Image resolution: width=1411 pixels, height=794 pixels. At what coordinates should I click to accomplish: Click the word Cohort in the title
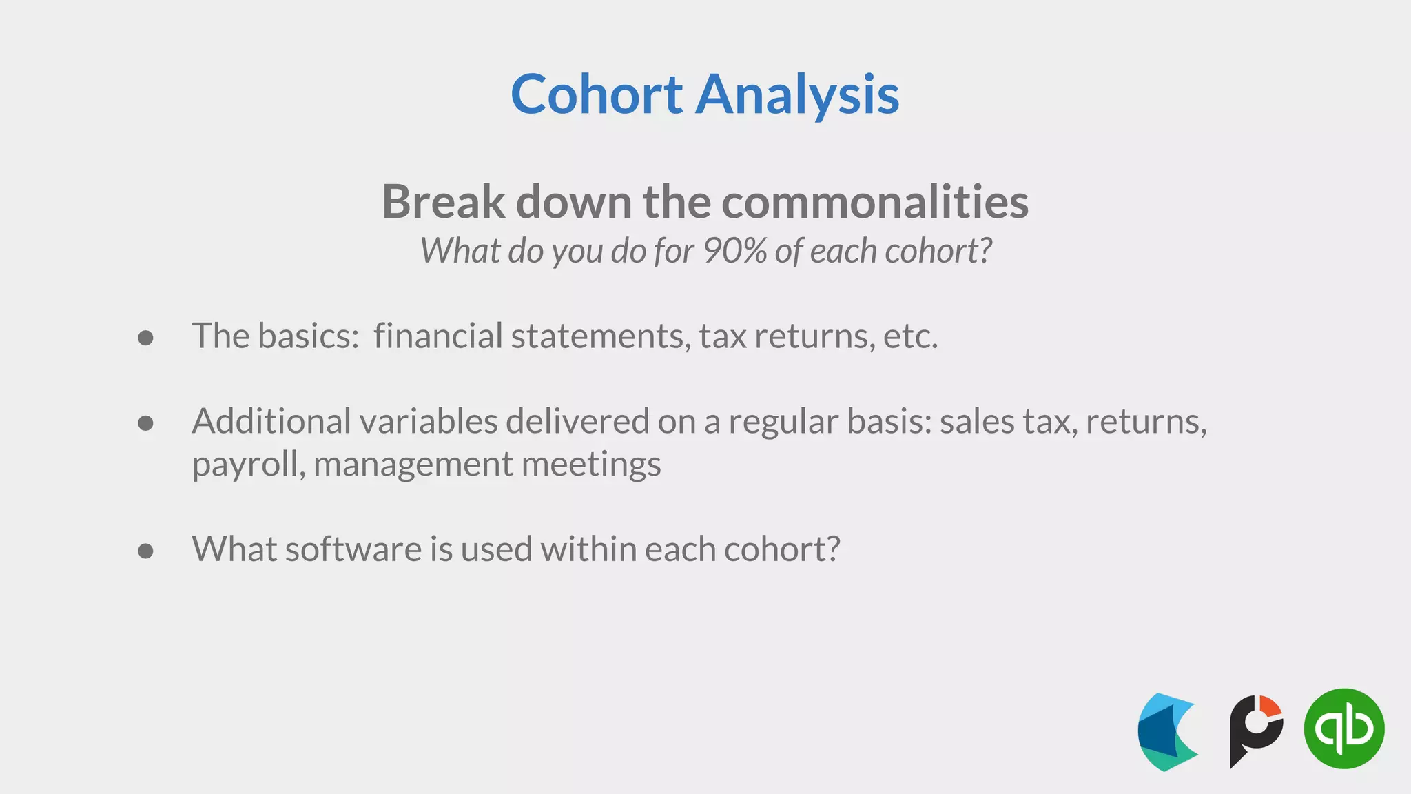pos(596,94)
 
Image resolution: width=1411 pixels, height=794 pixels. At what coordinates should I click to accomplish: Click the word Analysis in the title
pos(797,94)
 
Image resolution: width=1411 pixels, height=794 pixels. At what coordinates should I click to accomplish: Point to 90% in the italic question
pos(734,251)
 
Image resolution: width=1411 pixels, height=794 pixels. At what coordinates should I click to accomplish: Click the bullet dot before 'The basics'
pos(145,338)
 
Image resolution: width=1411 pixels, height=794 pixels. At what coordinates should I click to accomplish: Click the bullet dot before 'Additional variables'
pos(145,423)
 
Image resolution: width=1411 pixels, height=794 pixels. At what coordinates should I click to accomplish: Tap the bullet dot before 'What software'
pos(145,551)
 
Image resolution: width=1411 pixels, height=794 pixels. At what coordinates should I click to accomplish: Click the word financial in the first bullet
pos(438,336)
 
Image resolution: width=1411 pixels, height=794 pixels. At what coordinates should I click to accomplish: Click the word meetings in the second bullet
pos(591,465)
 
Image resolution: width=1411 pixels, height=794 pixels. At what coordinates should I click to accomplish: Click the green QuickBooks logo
pos(1343,729)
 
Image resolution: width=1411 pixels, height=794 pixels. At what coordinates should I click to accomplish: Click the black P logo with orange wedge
pos(1255,731)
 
